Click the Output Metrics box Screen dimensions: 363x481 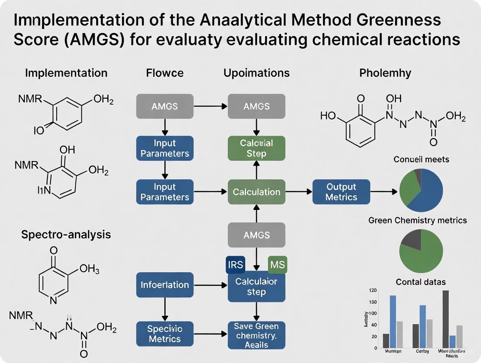pyautogui.click(x=341, y=192)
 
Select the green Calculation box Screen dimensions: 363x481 pyautogui.click(x=256, y=192)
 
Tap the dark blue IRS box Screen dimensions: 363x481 pyautogui.click(x=235, y=265)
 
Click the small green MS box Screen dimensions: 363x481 pyautogui.click(x=277, y=265)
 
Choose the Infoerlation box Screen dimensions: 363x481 pyautogui.click(x=165, y=285)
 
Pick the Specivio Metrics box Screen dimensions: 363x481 pyautogui.click(x=165, y=334)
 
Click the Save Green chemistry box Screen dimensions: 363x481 pyautogui.click(x=256, y=335)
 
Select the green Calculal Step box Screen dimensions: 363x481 pyautogui.click(x=256, y=148)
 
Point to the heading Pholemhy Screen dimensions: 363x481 pyautogui.click(x=385, y=73)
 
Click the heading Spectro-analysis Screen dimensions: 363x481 pyautogui.click(x=66, y=234)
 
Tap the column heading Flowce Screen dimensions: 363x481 pyautogui.click(x=165, y=73)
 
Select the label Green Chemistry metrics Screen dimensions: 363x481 pyautogui.click(x=417, y=220)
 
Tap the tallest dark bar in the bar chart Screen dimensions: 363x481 pyautogui.click(x=445, y=318)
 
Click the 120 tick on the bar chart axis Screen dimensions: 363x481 pyautogui.click(x=372, y=291)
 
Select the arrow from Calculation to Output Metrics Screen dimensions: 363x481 pyautogui.click(x=298, y=192)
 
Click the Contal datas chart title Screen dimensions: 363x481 pyautogui.click(x=420, y=282)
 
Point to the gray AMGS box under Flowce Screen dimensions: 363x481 pyautogui.click(x=165, y=106)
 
